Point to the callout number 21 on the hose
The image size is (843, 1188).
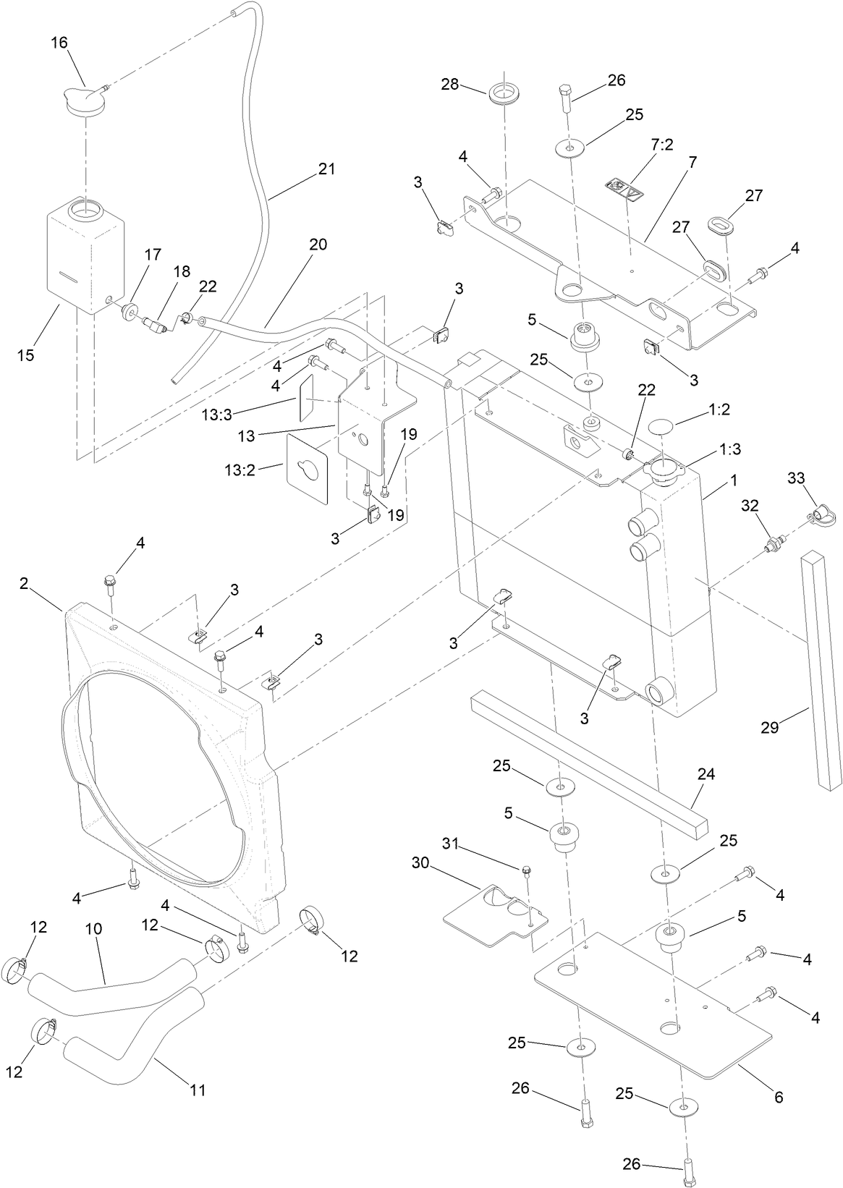click(x=326, y=169)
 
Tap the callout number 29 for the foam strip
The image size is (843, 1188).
click(x=769, y=727)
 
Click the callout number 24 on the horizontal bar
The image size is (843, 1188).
click(x=706, y=773)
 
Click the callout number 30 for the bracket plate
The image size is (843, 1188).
click(x=421, y=862)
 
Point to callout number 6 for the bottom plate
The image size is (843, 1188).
click(x=779, y=1097)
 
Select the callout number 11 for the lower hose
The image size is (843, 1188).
click(x=198, y=1089)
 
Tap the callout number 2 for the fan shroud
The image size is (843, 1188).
click(x=24, y=584)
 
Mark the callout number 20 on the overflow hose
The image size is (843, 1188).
click(x=318, y=245)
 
